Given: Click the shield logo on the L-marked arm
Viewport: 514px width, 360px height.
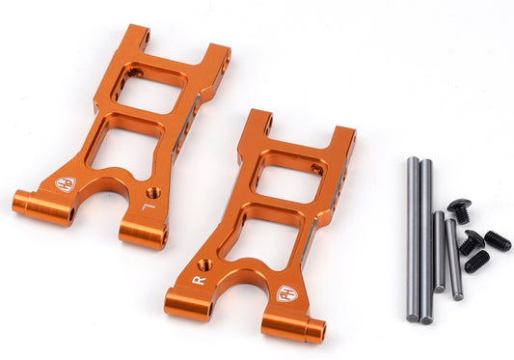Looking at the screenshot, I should click(x=66, y=182).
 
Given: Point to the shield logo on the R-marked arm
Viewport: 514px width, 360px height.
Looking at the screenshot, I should click(x=285, y=292).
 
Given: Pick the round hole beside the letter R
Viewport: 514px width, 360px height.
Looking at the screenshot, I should click(x=204, y=263).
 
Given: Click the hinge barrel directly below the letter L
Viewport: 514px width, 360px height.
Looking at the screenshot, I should click(x=143, y=233).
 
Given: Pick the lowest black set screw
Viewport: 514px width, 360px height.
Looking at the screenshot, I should click(x=476, y=261).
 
